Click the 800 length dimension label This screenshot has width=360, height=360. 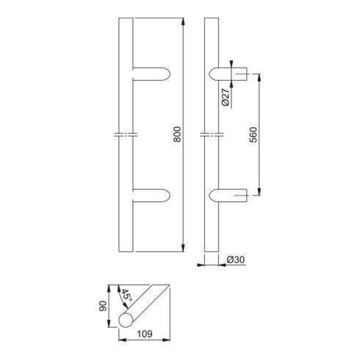[x=177, y=134]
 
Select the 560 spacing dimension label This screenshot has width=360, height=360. [x=253, y=134]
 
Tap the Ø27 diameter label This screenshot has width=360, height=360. [x=226, y=97]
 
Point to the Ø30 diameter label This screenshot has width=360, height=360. [x=236, y=259]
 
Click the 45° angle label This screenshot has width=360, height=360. [x=127, y=295]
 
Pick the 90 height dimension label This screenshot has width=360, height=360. [x=103, y=306]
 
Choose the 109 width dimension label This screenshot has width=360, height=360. [x=145, y=334]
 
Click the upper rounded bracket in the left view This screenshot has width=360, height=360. [x=151, y=74]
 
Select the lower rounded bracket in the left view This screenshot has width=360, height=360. [x=151, y=195]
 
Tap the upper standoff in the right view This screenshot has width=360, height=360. [x=228, y=73]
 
